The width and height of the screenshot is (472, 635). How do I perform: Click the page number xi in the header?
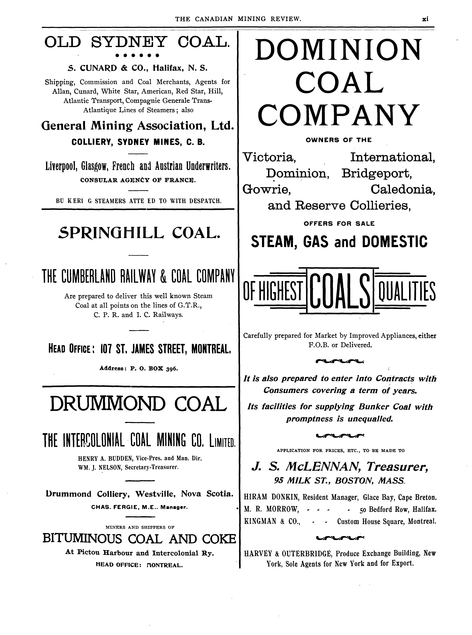tap(425, 19)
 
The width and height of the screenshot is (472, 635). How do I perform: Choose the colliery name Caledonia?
tap(403, 189)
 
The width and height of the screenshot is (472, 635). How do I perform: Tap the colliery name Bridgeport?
tap(377, 173)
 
